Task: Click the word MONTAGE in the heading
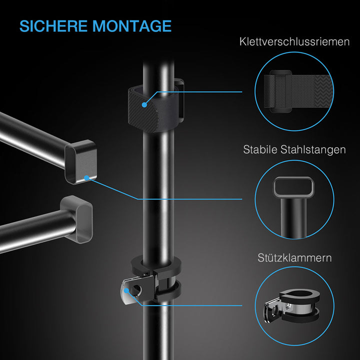click(x=132, y=26)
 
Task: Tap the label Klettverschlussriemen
click(x=294, y=42)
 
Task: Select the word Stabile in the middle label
click(x=261, y=149)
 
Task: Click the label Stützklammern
click(x=294, y=258)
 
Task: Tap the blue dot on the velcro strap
click(x=144, y=105)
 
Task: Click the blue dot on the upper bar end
click(x=87, y=177)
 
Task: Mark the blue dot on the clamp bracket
click(x=128, y=289)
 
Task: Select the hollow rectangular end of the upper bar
click(x=79, y=161)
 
